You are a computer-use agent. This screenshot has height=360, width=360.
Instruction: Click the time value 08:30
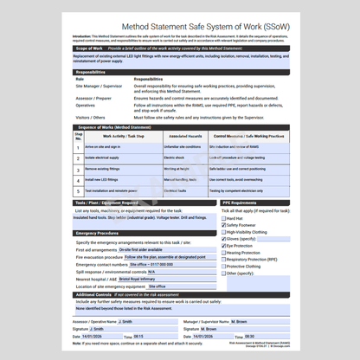coord(249,336)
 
